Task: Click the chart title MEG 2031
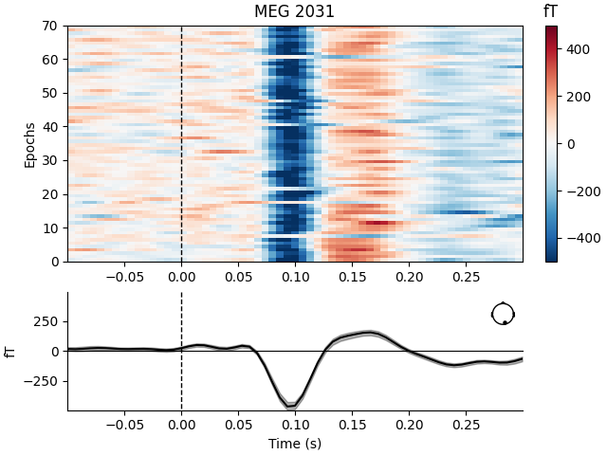[294, 12]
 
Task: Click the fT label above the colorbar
[551, 11]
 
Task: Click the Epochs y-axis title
[29, 144]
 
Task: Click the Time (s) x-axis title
[294, 444]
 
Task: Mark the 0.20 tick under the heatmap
[409, 276]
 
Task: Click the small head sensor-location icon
[503, 314]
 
